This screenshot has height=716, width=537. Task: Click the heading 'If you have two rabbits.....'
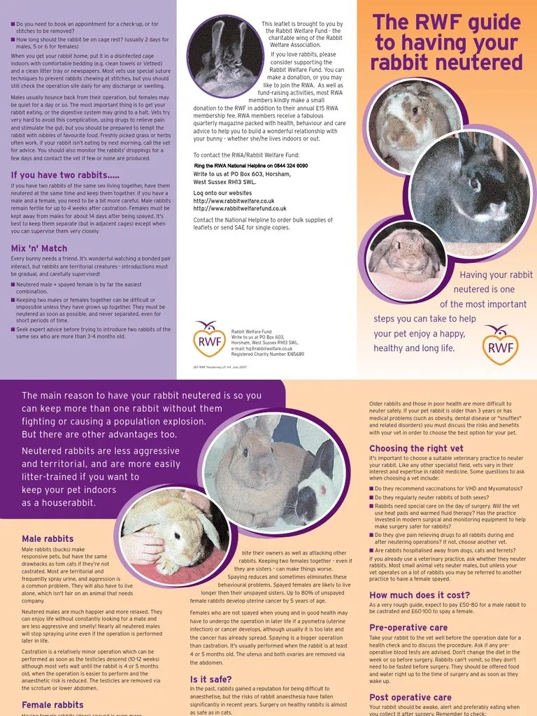click(x=65, y=175)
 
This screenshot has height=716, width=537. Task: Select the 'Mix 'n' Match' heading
click(x=39, y=248)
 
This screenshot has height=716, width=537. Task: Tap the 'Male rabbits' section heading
click(x=48, y=538)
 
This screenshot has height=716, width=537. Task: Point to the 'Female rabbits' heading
click(x=52, y=705)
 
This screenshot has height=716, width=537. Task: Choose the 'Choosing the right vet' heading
click(x=416, y=448)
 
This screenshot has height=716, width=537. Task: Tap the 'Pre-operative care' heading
click(x=408, y=627)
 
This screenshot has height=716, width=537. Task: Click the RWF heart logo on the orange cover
click(x=500, y=344)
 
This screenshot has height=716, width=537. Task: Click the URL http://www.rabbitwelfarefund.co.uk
click(x=240, y=208)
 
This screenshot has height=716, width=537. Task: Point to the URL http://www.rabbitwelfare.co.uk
click(x=234, y=201)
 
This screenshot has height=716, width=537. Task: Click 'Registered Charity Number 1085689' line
click(x=267, y=354)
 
